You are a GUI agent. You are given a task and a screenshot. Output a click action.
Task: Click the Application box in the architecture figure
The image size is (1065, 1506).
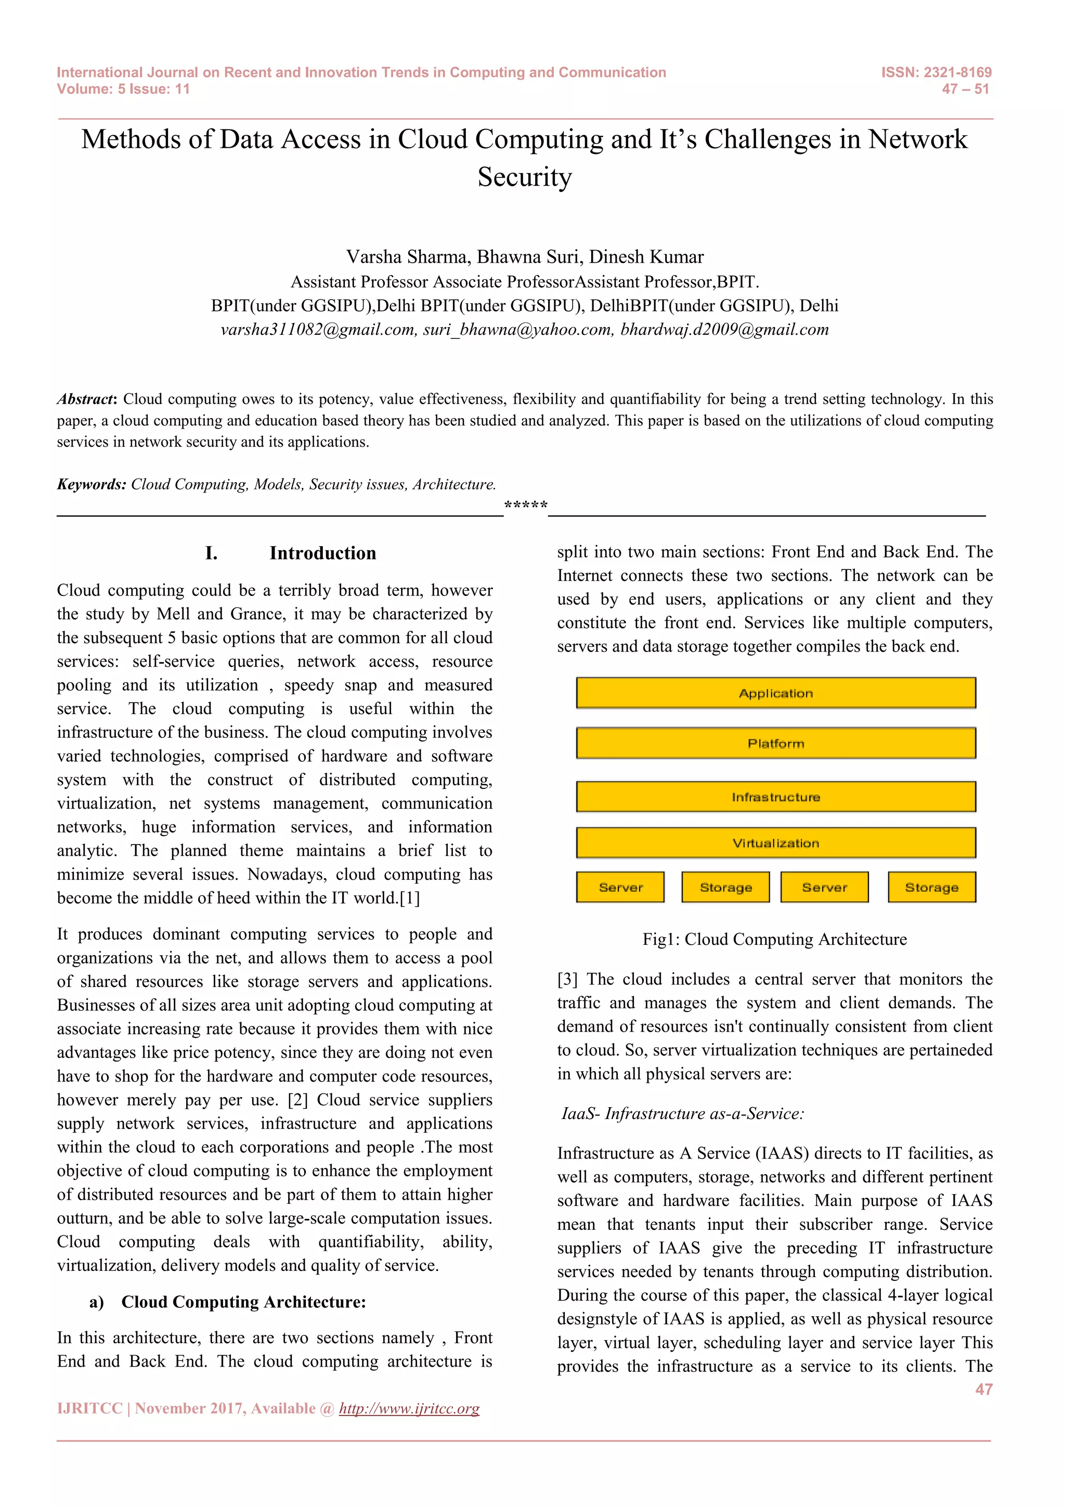pyautogui.click(x=776, y=693)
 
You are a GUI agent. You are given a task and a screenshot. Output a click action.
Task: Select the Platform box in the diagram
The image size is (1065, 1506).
pyautogui.click(x=776, y=743)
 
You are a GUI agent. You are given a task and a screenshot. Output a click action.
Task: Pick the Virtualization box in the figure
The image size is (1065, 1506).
pyautogui.click(x=776, y=843)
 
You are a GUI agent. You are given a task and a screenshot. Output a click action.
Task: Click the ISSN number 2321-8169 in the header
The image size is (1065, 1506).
pyautogui.click(x=957, y=72)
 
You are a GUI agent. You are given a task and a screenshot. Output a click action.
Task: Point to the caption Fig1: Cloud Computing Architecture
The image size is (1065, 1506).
pyautogui.click(x=774, y=939)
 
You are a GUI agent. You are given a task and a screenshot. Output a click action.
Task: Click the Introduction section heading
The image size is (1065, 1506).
pyautogui.click(x=322, y=553)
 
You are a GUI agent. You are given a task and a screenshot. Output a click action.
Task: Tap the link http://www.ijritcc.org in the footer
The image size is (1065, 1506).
pyautogui.click(x=409, y=1408)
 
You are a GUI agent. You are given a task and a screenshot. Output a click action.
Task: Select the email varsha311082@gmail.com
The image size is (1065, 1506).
pyautogui.click(x=318, y=329)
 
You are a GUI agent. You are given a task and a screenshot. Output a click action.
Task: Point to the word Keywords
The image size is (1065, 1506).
pyautogui.click(x=91, y=484)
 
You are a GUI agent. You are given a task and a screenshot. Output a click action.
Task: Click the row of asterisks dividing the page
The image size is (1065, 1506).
pyautogui.click(x=525, y=505)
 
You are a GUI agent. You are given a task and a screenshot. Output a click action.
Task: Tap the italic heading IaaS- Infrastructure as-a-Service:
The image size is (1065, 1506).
pyautogui.click(x=683, y=1113)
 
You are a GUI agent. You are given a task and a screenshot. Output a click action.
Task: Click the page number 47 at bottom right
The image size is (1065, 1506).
pyautogui.click(x=983, y=1389)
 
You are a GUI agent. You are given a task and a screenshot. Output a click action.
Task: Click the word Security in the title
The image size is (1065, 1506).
pyautogui.click(x=525, y=177)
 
